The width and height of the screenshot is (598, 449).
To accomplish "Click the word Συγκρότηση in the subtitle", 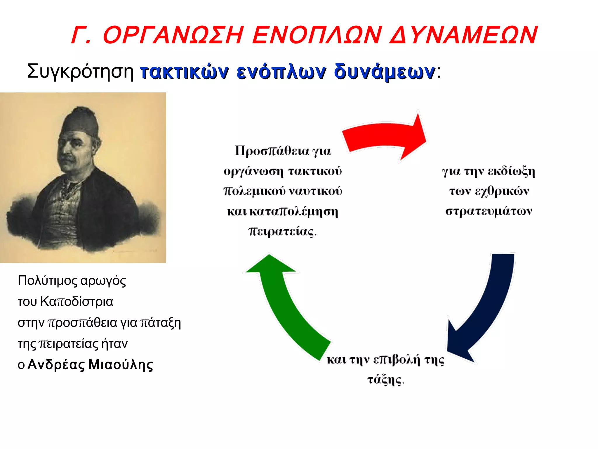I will [x=80, y=71].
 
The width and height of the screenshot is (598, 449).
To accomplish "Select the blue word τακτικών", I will [x=184, y=72].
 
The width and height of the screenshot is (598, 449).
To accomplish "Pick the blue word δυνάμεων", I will [x=384, y=72].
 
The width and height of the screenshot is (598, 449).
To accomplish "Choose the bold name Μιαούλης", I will [x=121, y=365].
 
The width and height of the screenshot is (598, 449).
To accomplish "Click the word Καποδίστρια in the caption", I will [x=77, y=301].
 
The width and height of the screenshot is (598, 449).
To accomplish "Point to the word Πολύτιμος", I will [x=48, y=280].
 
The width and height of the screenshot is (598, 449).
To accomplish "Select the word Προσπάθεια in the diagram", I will [x=272, y=151].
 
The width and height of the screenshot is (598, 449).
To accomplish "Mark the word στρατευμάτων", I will [x=489, y=211].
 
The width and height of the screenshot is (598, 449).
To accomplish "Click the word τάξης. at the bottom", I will [x=385, y=380].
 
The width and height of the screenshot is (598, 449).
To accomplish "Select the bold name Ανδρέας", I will [x=56, y=365].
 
